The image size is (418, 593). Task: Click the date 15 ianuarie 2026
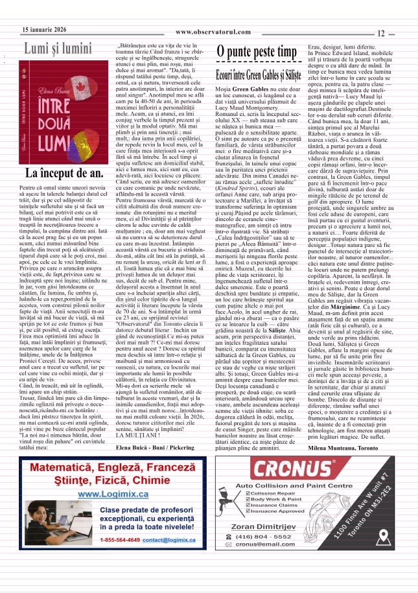[x=44, y=30]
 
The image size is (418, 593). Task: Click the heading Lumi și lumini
[x=58, y=49]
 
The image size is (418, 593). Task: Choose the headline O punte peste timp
[x=256, y=52]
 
